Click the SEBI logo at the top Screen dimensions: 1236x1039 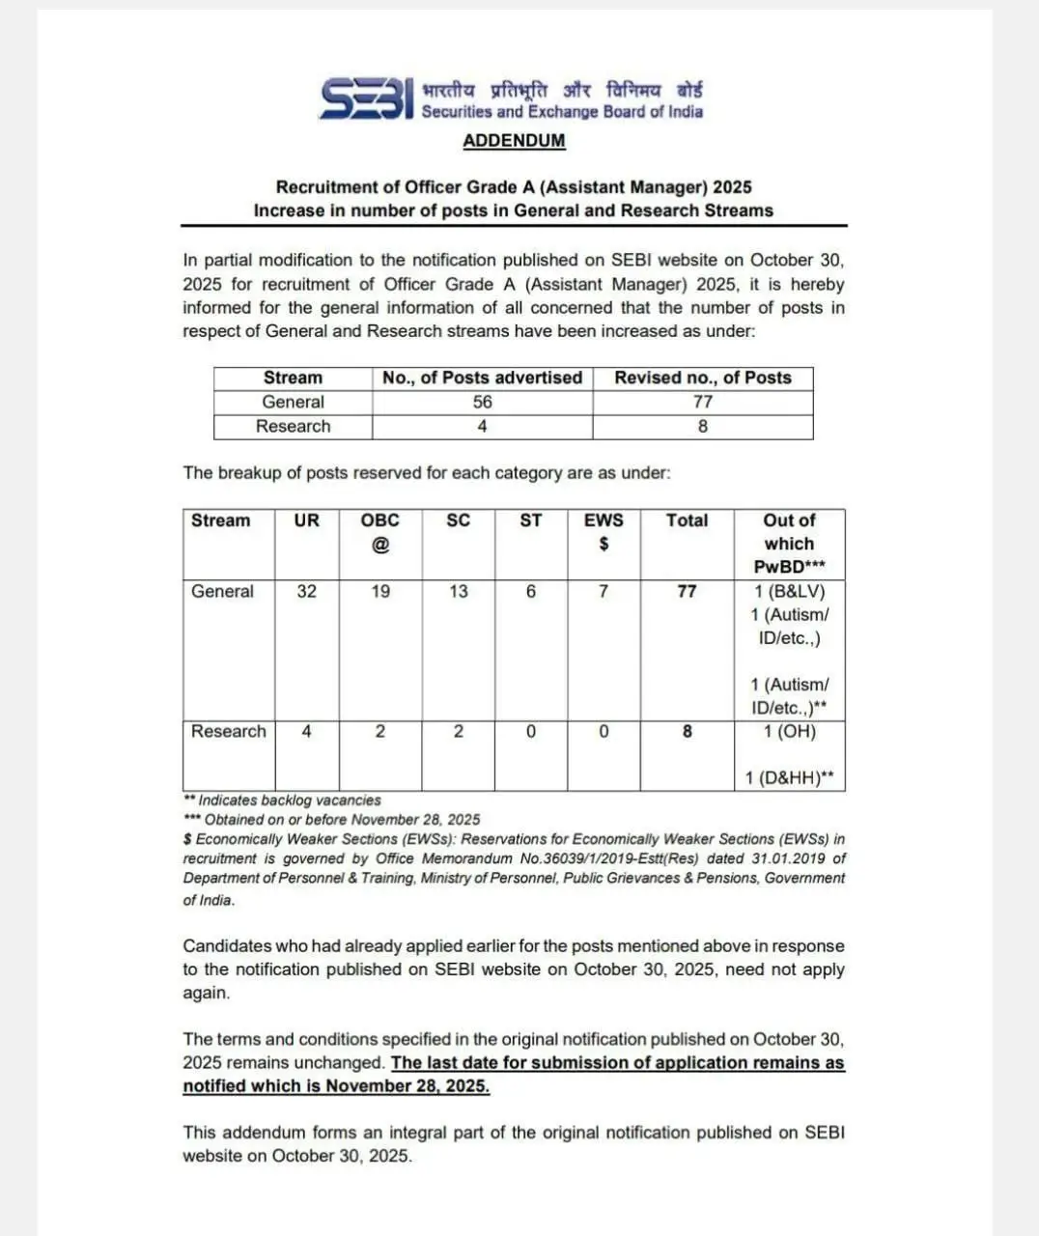(x=367, y=98)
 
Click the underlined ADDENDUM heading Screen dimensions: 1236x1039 (x=514, y=140)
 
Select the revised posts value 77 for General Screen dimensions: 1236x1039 (x=703, y=402)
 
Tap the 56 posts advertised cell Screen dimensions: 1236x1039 (x=482, y=402)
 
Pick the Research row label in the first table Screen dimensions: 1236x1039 (x=293, y=426)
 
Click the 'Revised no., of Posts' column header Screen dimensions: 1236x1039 (x=703, y=378)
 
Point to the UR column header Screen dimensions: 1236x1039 (x=306, y=520)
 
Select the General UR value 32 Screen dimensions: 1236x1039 (x=306, y=591)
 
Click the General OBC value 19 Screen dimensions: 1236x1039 (x=380, y=591)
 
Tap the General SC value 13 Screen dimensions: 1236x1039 (x=458, y=591)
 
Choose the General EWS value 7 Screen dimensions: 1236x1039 (x=604, y=591)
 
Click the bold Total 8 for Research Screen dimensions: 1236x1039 (x=687, y=732)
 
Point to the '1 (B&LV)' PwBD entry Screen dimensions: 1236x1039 (x=790, y=591)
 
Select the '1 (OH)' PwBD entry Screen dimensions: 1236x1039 (x=790, y=732)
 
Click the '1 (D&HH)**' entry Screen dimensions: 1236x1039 (x=790, y=778)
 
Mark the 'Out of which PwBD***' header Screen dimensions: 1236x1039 (x=790, y=544)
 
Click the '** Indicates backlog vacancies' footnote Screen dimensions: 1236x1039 (x=282, y=801)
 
